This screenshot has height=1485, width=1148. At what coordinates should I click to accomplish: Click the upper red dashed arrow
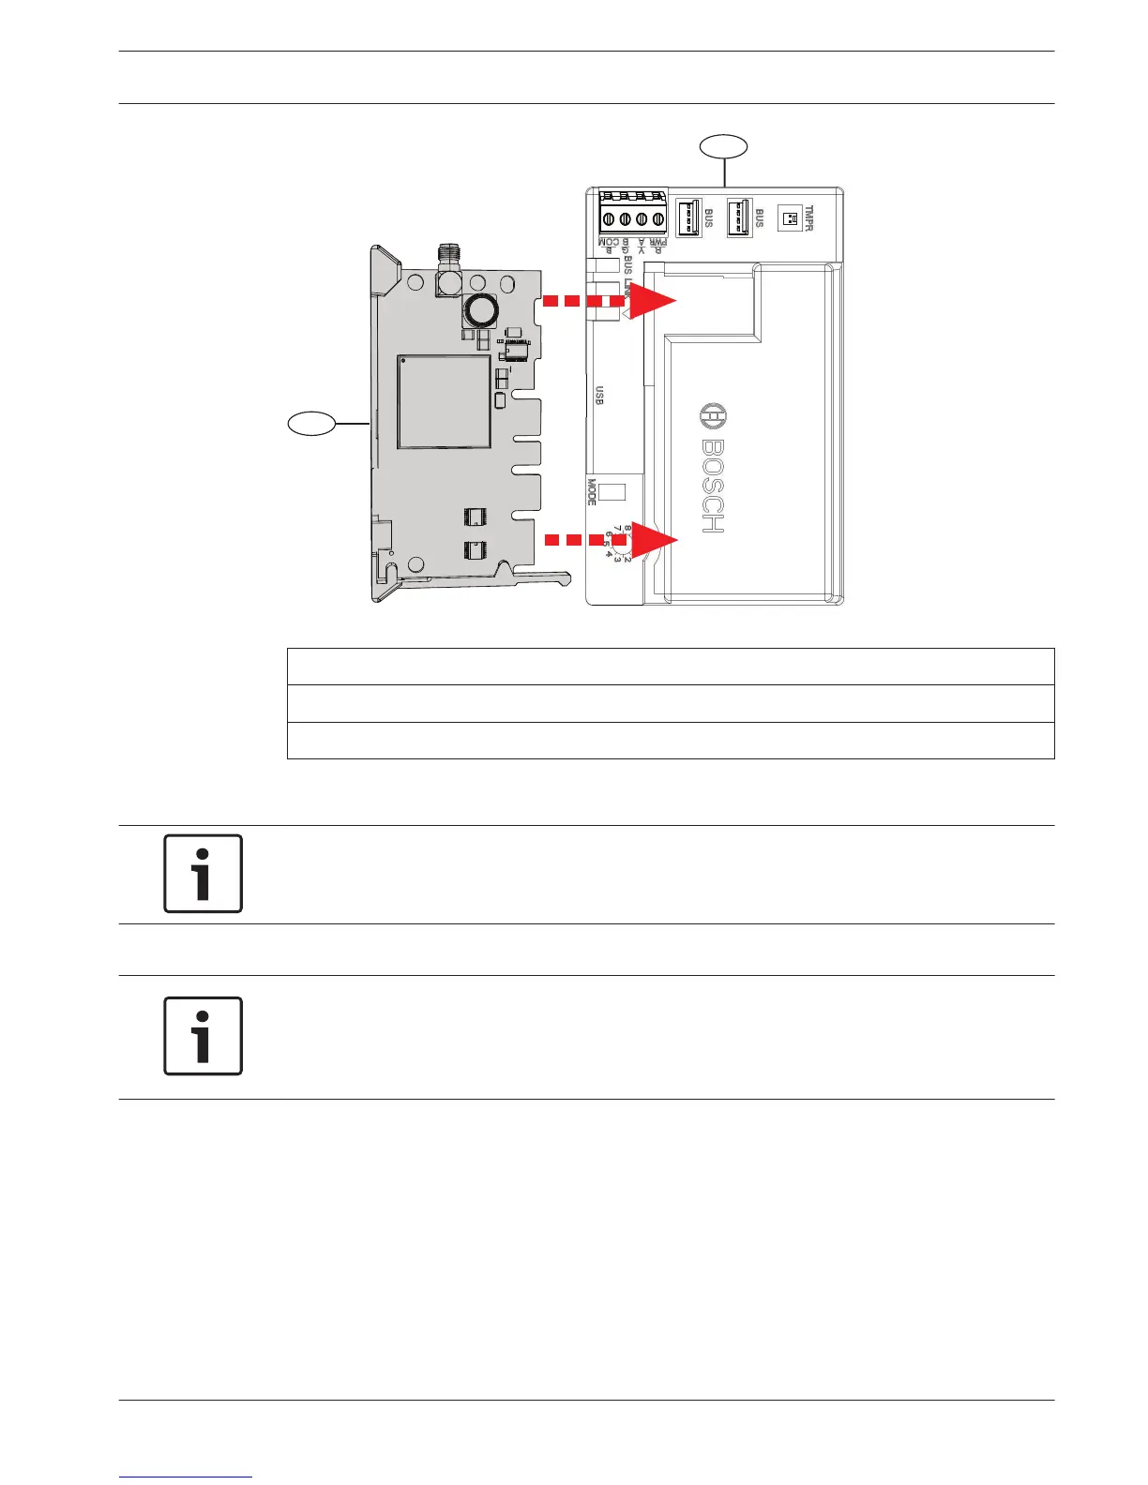coord(610,302)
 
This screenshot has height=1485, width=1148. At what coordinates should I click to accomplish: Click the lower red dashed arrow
coord(612,540)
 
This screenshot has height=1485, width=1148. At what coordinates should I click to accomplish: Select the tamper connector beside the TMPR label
coord(790,219)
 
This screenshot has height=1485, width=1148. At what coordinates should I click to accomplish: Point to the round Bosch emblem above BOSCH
coord(714,417)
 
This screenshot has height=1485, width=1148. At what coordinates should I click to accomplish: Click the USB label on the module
coord(599,396)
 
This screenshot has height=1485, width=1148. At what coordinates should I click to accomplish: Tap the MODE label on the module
coord(592,492)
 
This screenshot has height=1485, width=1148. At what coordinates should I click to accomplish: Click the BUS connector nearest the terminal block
coord(689,217)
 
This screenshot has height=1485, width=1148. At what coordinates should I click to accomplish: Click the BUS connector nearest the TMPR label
coord(740,217)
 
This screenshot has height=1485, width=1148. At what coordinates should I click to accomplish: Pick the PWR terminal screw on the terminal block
coord(659,219)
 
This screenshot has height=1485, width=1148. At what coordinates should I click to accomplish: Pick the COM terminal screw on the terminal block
coord(608,219)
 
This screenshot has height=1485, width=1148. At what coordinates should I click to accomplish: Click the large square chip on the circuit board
coord(444,401)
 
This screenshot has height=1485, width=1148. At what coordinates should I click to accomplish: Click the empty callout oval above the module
coord(725,146)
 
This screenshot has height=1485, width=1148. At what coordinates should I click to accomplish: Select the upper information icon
coord(204,874)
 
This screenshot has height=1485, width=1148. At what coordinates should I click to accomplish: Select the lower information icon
coord(204,1036)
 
